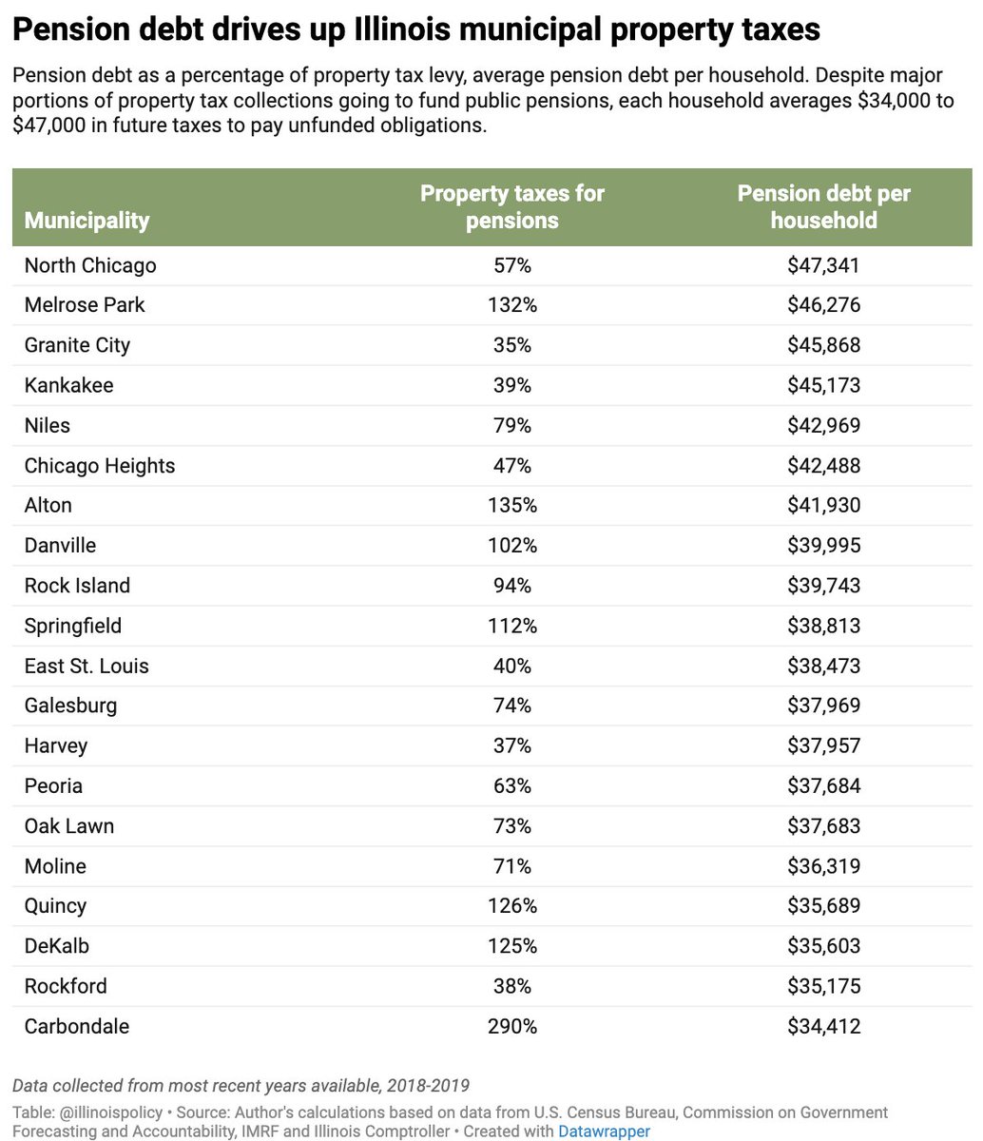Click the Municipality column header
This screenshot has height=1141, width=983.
point(87,221)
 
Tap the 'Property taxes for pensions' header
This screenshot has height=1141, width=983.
point(512,207)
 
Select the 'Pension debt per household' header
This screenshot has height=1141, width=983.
point(823,207)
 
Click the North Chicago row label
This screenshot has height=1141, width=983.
point(90,265)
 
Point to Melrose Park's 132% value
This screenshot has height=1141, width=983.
point(512,305)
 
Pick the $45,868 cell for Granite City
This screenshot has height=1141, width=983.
point(823,345)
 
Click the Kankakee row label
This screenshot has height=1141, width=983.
point(68,385)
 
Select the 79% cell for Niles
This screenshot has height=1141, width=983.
point(512,425)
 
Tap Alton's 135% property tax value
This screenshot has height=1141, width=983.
point(512,506)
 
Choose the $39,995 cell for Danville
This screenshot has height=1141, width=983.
point(823,546)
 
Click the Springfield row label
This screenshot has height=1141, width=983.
point(73,626)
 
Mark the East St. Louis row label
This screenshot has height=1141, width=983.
point(87,666)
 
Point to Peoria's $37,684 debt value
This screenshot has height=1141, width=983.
point(823,786)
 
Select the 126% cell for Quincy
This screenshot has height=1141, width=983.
point(512,906)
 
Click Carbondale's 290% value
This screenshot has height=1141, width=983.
point(512,1026)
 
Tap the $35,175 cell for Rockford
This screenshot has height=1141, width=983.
point(823,986)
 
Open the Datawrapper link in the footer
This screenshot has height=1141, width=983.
point(604,1131)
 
